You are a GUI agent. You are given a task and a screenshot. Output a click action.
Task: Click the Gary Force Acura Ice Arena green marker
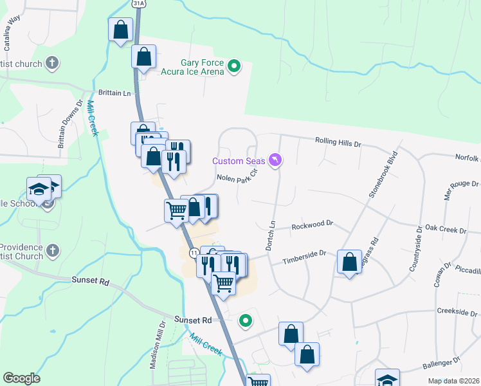(235, 65)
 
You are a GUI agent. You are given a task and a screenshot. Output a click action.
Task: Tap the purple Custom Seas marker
(275, 160)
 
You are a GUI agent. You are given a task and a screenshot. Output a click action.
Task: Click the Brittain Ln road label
(114, 93)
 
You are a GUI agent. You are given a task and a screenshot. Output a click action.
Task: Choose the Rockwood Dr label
(312, 225)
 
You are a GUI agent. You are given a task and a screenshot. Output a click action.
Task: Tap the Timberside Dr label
(305, 258)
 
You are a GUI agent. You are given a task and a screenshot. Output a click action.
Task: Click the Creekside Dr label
(455, 311)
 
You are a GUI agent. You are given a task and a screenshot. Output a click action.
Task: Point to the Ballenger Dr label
(442, 367)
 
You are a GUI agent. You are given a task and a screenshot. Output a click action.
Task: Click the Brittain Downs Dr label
(71, 123)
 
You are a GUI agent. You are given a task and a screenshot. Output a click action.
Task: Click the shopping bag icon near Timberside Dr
(349, 262)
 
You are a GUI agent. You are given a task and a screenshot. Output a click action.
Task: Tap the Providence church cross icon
(53, 249)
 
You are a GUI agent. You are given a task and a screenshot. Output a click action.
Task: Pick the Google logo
(21, 378)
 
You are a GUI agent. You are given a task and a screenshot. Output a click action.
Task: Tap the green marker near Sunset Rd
(245, 320)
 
